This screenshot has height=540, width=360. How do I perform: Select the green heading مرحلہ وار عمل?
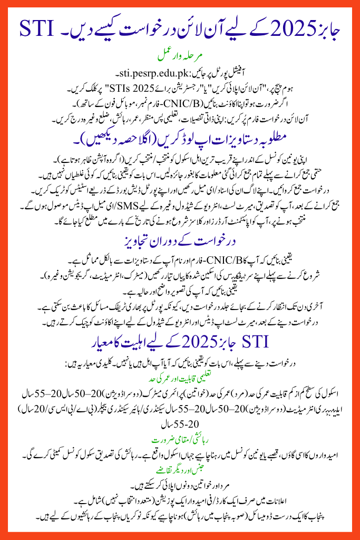pos(180,54)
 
